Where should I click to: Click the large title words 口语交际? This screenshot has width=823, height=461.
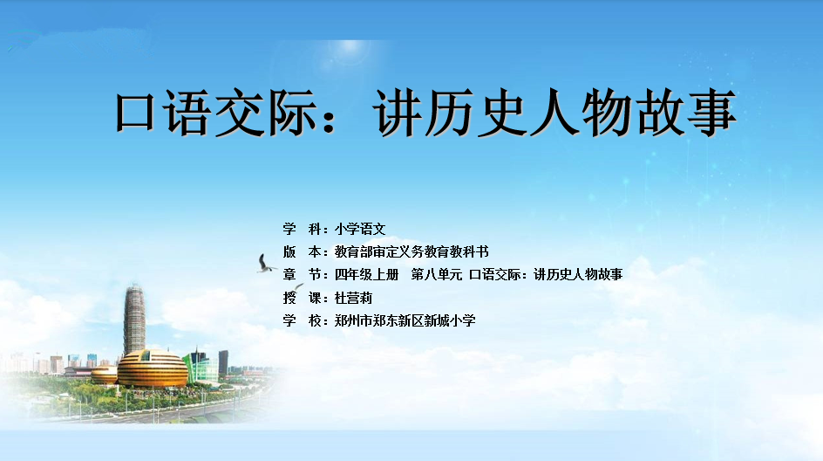coord(215,113)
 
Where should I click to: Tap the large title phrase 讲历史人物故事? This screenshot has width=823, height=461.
coord(554,113)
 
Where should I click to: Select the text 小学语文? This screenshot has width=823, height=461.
coord(360,229)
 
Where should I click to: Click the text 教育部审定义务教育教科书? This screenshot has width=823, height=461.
coord(411,251)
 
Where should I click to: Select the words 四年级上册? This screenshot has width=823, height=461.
coord(366,274)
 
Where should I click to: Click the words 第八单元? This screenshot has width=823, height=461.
coord(437,274)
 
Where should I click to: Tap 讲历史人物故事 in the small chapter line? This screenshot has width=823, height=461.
coord(578,274)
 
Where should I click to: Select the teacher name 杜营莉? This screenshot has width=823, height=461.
coord(353,298)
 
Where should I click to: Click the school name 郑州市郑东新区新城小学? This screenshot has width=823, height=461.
coord(405,320)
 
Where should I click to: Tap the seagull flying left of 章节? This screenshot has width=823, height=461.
coord(266,264)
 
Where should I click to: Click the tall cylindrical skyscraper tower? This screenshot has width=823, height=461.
coord(134,320)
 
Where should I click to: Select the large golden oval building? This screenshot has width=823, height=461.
coord(153,368)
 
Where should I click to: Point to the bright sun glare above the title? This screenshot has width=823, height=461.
coord(349,50)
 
